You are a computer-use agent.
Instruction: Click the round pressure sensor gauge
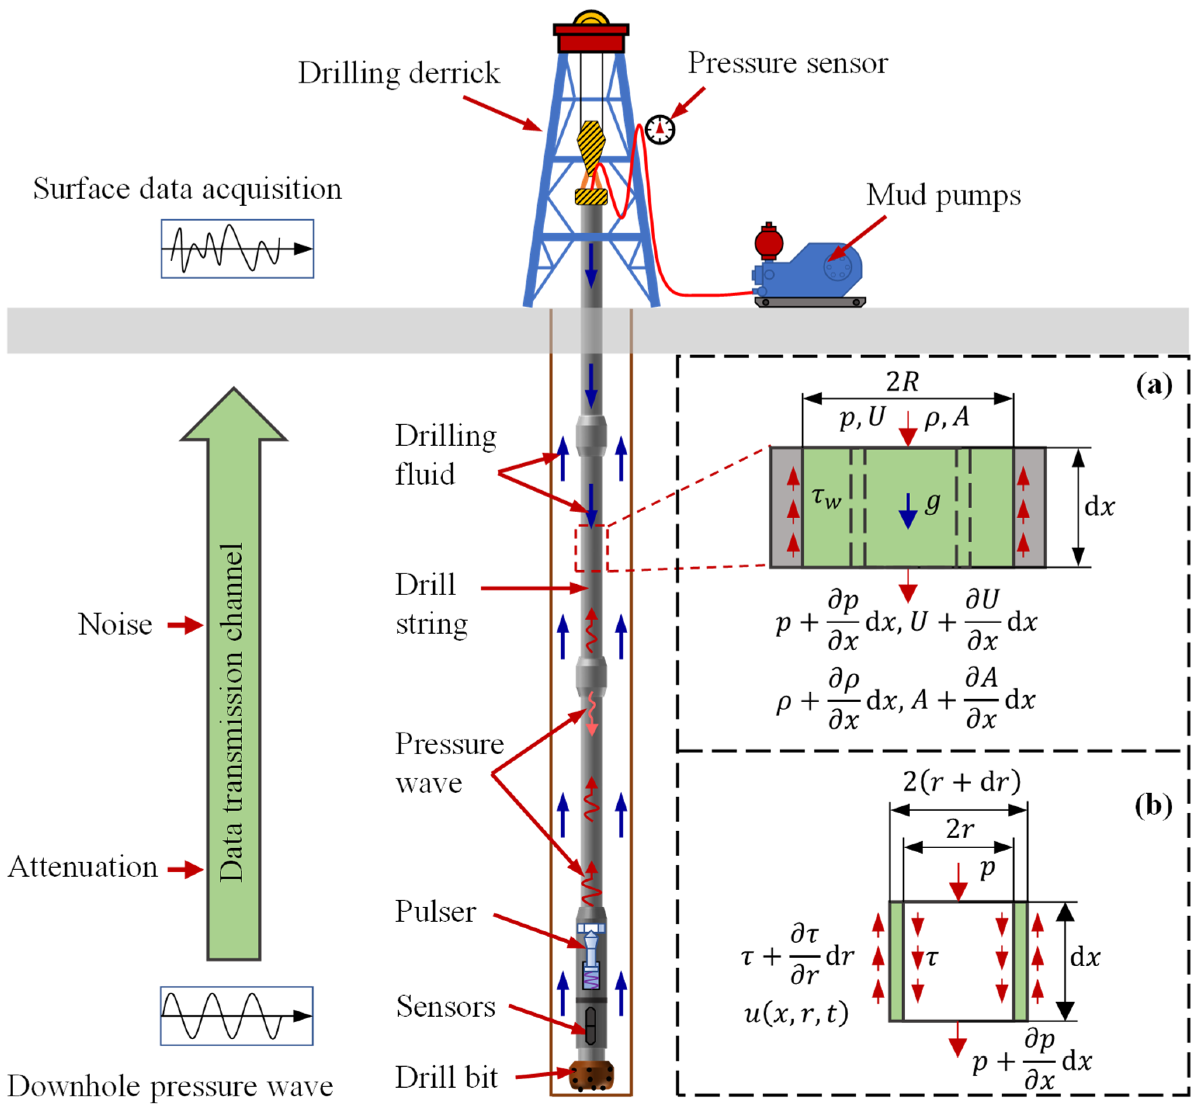click(660, 129)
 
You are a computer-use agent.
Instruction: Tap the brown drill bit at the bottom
click(591, 1075)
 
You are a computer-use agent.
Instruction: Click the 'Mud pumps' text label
click(943, 196)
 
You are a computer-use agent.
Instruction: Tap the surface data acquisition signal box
click(237, 248)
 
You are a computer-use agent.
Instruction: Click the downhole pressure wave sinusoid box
click(236, 1016)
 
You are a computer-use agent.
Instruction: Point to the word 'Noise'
click(115, 625)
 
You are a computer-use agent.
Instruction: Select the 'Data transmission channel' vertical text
click(232, 713)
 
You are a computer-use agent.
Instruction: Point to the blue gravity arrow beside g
click(907, 511)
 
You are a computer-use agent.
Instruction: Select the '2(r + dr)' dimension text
click(962, 781)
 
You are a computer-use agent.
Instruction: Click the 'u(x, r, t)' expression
click(796, 1013)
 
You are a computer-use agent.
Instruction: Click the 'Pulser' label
click(435, 912)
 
